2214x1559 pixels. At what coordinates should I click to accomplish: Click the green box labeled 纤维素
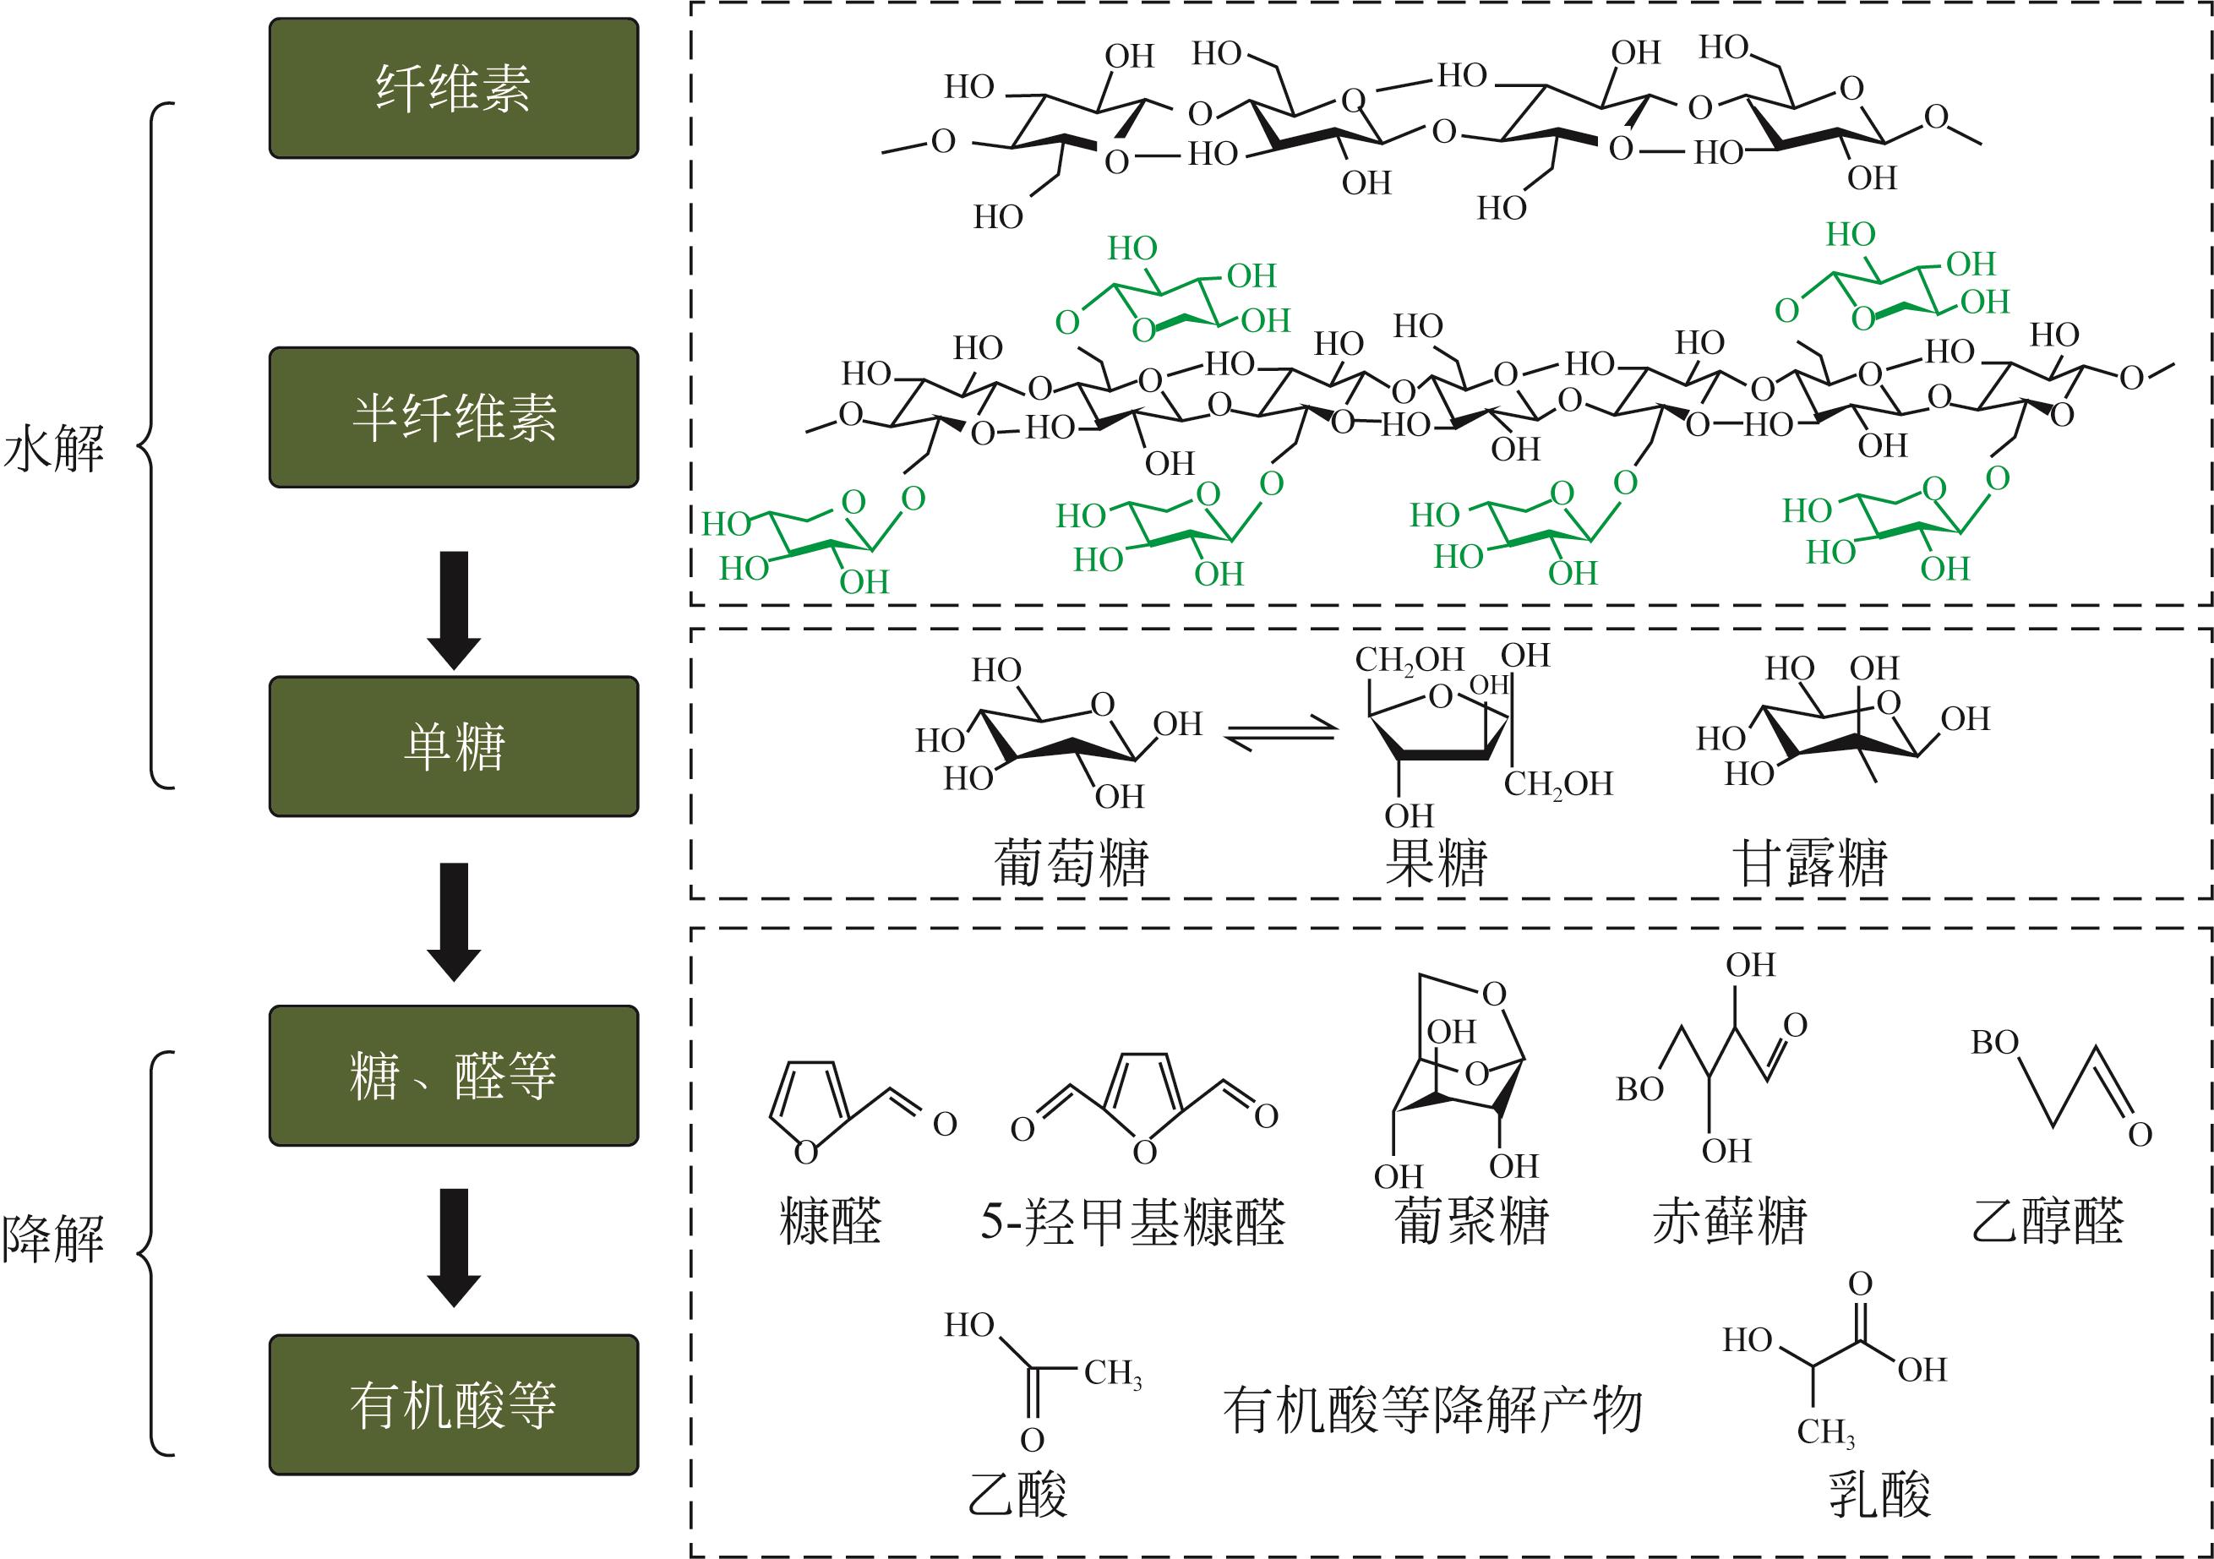click(453, 88)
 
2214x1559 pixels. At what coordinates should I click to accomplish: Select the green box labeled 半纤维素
click(453, 417)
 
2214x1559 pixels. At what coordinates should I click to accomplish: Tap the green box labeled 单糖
click(453, 746)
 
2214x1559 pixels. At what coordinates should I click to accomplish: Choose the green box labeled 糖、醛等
click(453, 1075)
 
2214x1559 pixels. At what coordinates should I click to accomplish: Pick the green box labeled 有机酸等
click(453, 1404)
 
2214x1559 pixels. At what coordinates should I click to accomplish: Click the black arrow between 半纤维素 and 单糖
click(453, 609)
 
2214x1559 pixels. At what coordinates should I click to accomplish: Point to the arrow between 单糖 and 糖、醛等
click(453, 921)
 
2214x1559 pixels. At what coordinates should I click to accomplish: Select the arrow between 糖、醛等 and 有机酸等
click(453, 1246)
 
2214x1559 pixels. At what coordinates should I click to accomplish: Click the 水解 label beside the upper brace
click(54, 450)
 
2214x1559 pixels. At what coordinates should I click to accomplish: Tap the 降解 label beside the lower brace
click(54, 1239)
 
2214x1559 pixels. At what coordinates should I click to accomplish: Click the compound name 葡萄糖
click(1072, 862)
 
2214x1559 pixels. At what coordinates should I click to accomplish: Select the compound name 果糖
click(1436, 862)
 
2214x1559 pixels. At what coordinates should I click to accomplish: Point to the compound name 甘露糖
click(1810, 862)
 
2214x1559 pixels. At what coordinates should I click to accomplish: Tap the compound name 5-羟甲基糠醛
click(1133, 1222)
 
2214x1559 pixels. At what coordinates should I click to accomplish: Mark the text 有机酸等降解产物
click(1432, 1409)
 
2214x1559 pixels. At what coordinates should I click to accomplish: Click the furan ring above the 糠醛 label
click(808, 1107)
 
